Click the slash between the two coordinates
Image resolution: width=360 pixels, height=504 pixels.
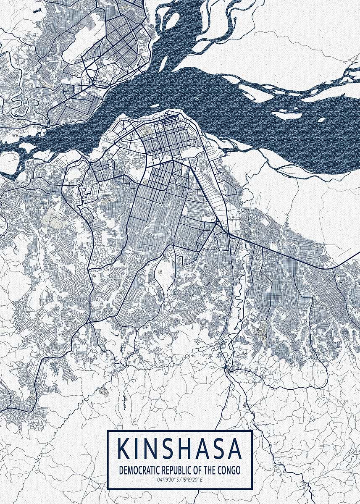point(180,479)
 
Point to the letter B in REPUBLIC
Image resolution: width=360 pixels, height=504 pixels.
point(179,470)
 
